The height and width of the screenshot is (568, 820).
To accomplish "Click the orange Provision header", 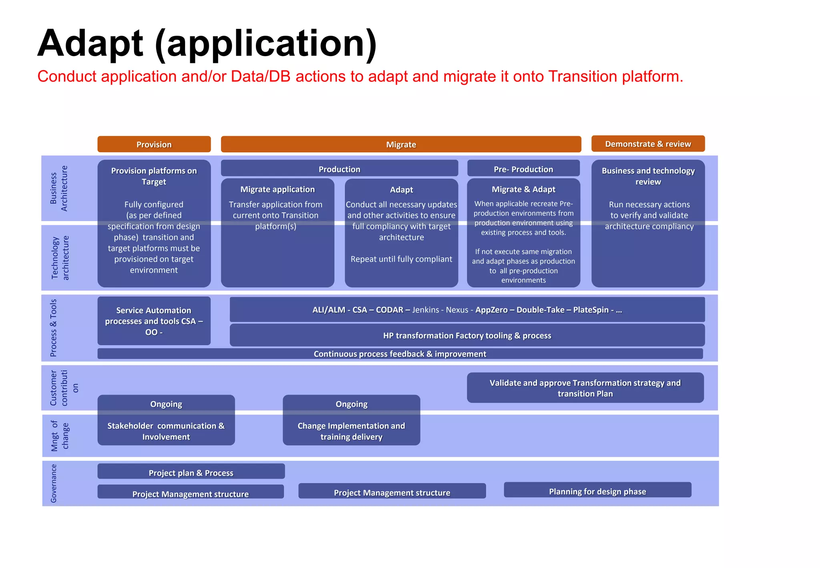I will click(x=154, y=144).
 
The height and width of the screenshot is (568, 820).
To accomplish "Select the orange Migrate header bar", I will click(x=401, y=144).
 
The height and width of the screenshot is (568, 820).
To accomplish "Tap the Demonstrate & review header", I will click(x=647, y=144).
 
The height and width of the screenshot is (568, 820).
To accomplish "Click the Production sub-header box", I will click(x=339, y=169).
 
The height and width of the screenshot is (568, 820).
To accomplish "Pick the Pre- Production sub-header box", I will click(x=523, y=169).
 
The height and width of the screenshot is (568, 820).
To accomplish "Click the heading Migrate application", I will click(x=277, y=189).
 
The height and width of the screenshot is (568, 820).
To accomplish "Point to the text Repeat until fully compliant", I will click(x=401, y=259).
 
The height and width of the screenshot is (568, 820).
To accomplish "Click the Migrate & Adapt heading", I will click(x=523, y=189).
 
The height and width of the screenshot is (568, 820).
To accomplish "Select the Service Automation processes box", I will click(x=154, y=321).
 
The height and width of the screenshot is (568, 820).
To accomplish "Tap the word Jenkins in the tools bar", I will click(x=426, y=310).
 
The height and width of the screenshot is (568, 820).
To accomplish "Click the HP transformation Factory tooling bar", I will click(x=467, y=336).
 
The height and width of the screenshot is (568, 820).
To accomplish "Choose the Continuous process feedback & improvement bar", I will click(x=400, y=354).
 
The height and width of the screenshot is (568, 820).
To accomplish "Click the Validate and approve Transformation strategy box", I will click(x=585, y=388).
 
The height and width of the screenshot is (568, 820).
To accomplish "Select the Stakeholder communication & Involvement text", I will click(x=166, y=431).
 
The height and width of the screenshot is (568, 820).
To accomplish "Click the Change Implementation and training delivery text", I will click(x=351, y=431).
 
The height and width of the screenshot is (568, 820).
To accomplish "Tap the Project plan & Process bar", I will click(x=191, y=473).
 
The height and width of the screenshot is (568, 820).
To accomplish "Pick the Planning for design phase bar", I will click(x=597, y=491).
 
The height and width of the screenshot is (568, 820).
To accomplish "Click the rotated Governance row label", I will click(x=54, y=483).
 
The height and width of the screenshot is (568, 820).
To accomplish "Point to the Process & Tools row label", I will click(x=53, y=328).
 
